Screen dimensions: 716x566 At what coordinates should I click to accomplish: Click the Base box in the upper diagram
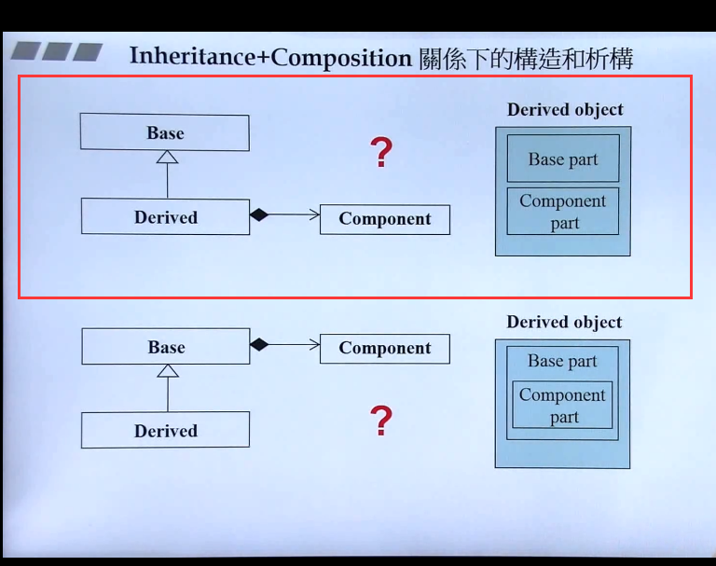164,132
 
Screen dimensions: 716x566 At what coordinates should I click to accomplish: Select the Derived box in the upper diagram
165,216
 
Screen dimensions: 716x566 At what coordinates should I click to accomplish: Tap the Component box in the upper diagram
384,219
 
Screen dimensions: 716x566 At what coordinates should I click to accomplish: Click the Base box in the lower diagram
166,347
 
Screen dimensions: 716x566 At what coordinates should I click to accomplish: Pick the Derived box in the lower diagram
165,430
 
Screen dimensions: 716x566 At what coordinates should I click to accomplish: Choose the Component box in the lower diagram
384,348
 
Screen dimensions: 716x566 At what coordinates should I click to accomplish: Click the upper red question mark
380,152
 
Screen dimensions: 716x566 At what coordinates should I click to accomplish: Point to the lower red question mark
380,421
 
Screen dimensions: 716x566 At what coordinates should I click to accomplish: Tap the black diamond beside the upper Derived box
259,215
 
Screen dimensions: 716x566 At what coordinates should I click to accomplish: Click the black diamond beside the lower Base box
259,344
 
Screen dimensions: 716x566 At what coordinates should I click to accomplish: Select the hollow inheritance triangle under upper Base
167,157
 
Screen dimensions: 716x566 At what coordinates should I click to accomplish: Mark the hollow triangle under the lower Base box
167,370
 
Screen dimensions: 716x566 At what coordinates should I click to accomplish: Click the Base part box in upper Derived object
563,159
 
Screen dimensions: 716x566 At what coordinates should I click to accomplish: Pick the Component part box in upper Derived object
563,212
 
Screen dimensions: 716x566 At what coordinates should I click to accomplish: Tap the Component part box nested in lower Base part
562,406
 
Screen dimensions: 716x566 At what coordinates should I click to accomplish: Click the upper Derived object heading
565,109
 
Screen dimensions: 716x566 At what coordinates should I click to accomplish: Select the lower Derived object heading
564,322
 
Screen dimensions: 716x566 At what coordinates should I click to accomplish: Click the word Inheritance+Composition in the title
270,57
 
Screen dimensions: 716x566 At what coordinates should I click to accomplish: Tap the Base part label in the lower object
562,361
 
